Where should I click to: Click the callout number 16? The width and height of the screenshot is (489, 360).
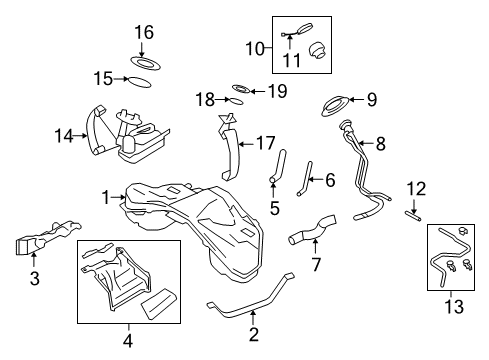[144, 33]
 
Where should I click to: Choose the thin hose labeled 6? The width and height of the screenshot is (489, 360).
[306, 177]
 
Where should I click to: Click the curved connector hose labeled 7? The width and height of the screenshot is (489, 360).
[307, 236]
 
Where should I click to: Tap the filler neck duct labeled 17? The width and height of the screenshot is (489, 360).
[229, 150]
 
